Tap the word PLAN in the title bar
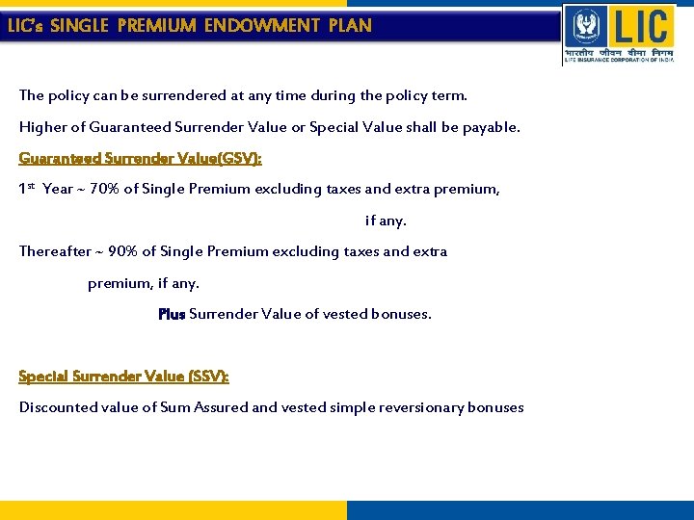pyautogui.click(x=350, y=26)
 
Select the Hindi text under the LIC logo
pyautogui.click(x=620, y=51)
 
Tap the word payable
pyautogui.click(x=490, y=127)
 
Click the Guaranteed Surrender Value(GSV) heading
pyautogui.click(x=141, y=158)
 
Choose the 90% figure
pyautogui.click(x=123, y=251)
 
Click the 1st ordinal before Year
pyautogui.click(x=28, y=188)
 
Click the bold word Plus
pyautogui.click(x=172, y=314)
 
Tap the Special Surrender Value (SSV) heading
pyautogui.click(x=124, y=376)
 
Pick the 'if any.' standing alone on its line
pyautogui.click(x=386, y=221)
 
